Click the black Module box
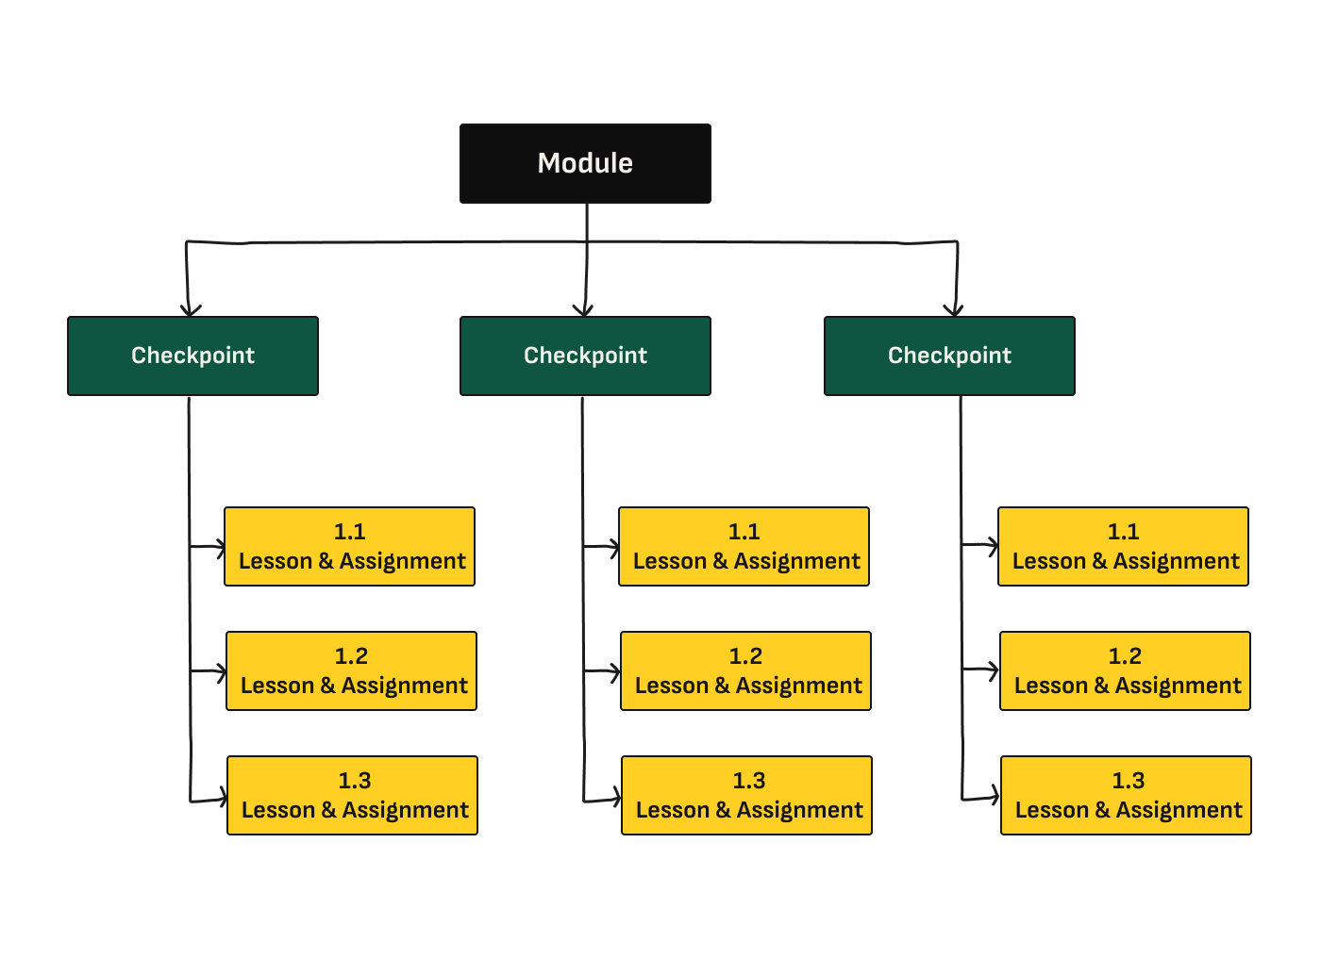(585, 163)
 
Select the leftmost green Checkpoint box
(192, 355)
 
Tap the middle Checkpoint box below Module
(585, 355)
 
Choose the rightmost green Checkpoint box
(949, 355)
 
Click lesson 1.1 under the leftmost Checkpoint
(349, 547)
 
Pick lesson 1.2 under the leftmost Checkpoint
(351, 671)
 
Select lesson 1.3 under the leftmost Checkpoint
(352, 796)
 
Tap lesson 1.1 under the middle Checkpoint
(744, 547)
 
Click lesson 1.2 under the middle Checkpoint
(745, 671)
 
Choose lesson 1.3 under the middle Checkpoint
(746, 796)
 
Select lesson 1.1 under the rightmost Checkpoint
(1123, 547)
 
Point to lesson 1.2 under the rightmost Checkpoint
(1125, 671)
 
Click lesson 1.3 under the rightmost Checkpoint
(1126, 796)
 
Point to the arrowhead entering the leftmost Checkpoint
(191, 310)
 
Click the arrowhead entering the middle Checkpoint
(583, 310)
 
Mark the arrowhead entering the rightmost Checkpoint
(954, 310)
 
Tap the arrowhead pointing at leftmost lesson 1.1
(219, 545)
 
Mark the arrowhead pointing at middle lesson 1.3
(615, 800)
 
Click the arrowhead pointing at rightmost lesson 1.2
(994, 670)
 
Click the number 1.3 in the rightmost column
(1128, 781)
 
